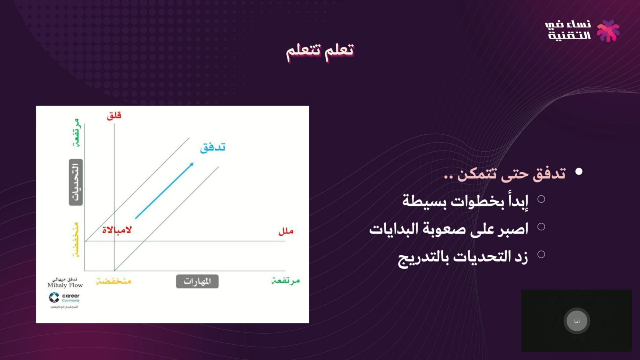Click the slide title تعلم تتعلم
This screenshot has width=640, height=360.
click(320, 51)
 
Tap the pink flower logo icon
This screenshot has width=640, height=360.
click(608, 31)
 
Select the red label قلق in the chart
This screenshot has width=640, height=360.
click(114, 116)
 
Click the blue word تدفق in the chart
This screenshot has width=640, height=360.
click(213, 147)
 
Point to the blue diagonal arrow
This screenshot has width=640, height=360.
click(164, 191)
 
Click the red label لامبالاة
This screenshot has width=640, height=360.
click(117, 230)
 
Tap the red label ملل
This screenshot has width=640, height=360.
click(286, 231)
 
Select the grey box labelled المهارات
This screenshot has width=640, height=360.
click(197, 282)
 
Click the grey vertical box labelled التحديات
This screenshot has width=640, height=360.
click(76, 182)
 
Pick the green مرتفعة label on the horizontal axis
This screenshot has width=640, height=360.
click(286, 281)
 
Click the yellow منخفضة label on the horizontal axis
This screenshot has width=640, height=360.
click(114, 281)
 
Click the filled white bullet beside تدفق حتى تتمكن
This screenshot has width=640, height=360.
click(579, 171)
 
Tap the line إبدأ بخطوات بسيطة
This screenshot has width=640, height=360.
click(465, 201)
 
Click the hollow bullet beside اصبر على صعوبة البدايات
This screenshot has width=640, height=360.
click(541, 227)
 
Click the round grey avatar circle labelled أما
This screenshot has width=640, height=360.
click(577, 321)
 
